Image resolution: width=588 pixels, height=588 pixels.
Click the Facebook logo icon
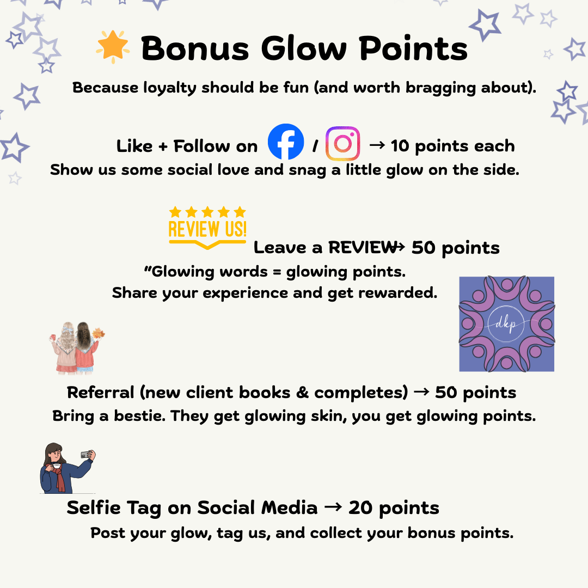point(286,142)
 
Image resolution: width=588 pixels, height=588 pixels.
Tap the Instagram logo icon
point(342,143)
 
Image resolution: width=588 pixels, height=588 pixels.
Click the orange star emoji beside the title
point(113,47)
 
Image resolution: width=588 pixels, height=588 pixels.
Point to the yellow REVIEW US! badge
point(207,228)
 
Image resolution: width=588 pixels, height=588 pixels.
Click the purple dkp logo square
point(506,324)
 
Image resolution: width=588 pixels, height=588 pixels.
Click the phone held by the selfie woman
point(85,455)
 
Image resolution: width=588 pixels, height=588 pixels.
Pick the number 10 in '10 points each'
point(401,146)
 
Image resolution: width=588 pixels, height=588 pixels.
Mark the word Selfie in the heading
point(93,507)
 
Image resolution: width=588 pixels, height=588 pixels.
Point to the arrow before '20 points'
point(333,507)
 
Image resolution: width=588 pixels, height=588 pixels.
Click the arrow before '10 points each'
point(377,145)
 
